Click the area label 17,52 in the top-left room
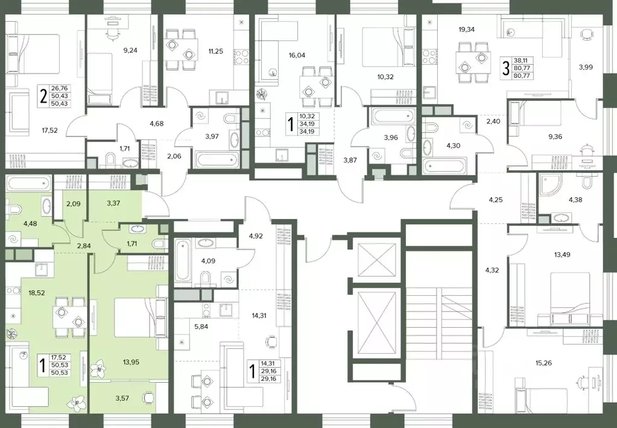[49, 130]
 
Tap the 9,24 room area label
[130, 50]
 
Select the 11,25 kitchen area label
[216, 51]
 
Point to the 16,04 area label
[297, 56]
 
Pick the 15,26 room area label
[543, 363]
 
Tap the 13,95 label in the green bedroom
[131, 362]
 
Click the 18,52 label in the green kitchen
[36, 293]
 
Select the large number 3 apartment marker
[505, 69]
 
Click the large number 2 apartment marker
[43, 97]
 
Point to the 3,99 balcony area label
[586, 67]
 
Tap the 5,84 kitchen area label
[201, 327]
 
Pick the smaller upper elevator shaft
[377, 260]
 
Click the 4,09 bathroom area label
[208, 261]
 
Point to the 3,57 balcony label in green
[122, 398]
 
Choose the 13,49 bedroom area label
[562, 255]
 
